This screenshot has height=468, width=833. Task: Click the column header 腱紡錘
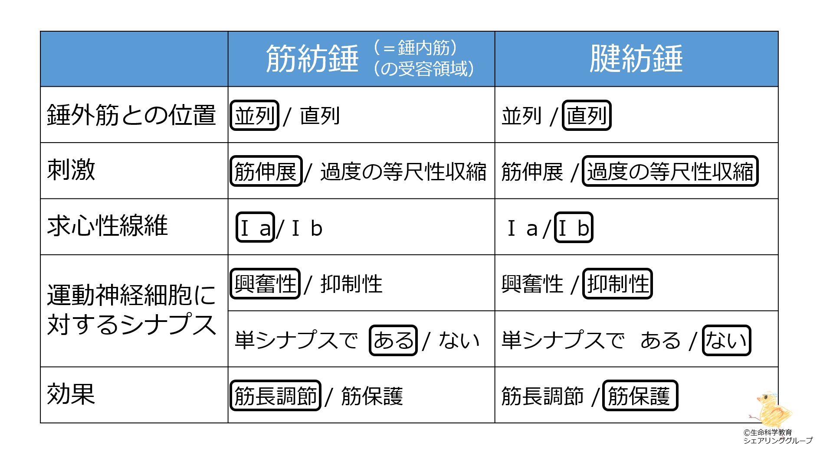pos(636,58)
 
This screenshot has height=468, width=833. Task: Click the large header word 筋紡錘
pos(312,58)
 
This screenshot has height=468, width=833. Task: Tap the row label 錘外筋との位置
pos(131,115)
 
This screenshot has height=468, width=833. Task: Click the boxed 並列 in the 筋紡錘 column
pos(255,115)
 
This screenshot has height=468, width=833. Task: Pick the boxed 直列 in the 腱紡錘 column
pos(587,115)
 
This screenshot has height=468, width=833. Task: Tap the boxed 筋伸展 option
pos(266,171)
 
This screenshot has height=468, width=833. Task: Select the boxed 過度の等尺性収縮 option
pos(670,171)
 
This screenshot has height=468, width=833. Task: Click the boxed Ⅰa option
pos(255,227)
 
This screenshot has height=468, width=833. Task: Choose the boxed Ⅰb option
pos(574,227)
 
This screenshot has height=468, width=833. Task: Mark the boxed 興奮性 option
pos(265,284)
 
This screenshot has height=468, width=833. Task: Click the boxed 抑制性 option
pos(617,284)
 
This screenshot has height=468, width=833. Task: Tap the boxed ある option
pos(393,340)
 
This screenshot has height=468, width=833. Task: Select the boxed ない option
pos(726,340)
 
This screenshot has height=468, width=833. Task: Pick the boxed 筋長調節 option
pos(275,395)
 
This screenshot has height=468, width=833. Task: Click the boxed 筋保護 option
pos(640,395)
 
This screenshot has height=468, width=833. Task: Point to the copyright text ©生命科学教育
pos(767,432)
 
